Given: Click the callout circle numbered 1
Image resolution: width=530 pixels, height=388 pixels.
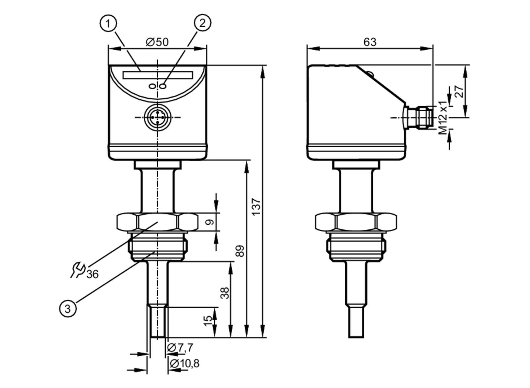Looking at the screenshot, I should coord(108,24).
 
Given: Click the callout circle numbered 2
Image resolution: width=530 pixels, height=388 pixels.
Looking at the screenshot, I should coord(203,23).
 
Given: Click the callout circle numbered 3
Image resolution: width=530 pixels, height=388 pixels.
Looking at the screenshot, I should coord(68,308).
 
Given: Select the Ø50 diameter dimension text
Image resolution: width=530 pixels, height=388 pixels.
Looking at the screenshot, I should coord(157,42).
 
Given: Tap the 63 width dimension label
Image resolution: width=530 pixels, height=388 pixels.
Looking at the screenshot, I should coord(370,42).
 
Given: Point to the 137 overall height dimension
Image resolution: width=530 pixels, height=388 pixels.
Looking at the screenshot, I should coord(256,207).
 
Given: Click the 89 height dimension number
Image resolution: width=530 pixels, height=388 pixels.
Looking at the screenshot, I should coord(240,251).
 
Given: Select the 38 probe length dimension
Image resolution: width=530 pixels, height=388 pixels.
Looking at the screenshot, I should coord(225,293).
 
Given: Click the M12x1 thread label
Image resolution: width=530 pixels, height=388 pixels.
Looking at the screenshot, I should coord(443,117).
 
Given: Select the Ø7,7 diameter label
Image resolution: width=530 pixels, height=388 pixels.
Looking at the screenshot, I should coord(180,347).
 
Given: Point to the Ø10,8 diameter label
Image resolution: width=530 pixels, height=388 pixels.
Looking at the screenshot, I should coord(184,363).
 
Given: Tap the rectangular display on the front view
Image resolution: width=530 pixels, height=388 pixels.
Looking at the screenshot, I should coord(158,75).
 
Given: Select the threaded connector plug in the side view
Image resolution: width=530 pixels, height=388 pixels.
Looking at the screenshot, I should coord(424,117).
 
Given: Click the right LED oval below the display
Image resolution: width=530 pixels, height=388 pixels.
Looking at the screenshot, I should coord(164,86).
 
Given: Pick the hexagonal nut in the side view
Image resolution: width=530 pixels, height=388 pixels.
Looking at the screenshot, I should coord(356,222).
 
